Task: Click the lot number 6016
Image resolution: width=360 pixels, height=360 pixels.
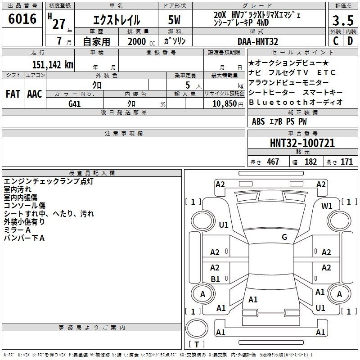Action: (22, 19)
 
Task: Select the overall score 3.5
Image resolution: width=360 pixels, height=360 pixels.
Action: (343, 21)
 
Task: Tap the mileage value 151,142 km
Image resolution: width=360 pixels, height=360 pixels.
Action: (53, 65)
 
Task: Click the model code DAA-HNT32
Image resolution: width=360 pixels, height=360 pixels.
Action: (258, 41)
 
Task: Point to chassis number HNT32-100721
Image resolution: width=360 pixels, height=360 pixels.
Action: (302, 143)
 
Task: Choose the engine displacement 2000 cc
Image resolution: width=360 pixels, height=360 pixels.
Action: (141, 42)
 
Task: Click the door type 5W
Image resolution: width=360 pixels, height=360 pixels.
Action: (174, 20)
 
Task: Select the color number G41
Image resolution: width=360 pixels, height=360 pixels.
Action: (74, 104)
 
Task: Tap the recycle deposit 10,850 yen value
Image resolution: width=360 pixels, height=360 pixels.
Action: (228, 104)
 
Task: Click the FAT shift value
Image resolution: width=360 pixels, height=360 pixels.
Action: (13, 94)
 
